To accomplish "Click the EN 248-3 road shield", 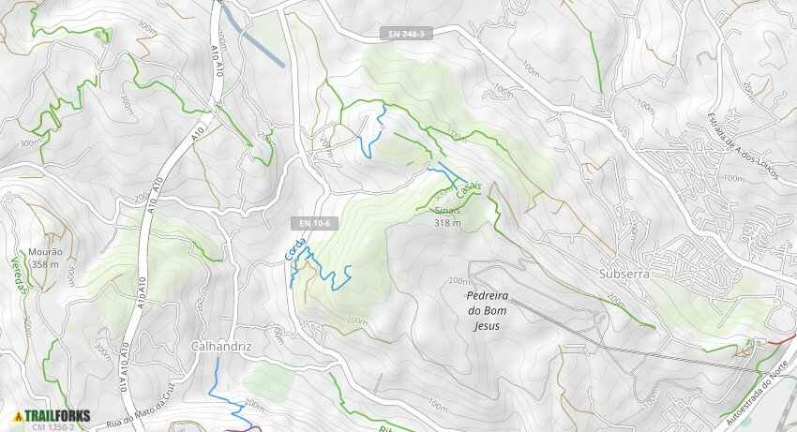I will click(x=406, y=34).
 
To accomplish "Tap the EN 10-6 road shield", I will click(x=312, y=223).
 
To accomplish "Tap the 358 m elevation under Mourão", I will click(x=45, y=264).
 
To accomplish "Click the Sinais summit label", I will click(x=447, y=211).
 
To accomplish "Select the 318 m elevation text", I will click(x=447, y=223).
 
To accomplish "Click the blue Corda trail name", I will click(x=294, y=247).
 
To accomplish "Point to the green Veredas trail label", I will click(x=16, y=275).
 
